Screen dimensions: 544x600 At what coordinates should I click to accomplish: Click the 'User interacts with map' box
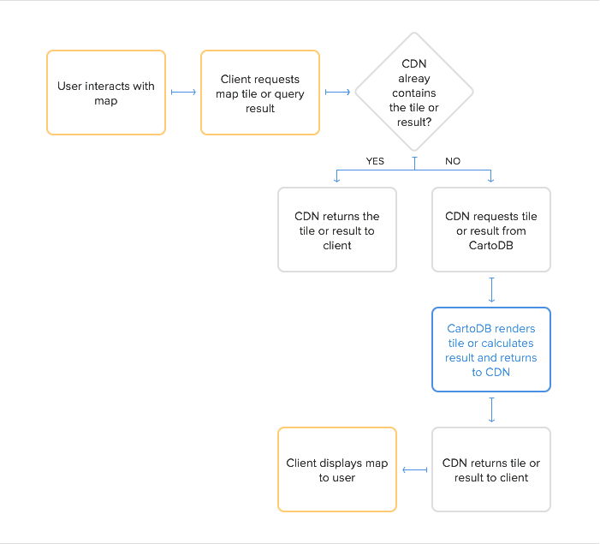pos(106,93)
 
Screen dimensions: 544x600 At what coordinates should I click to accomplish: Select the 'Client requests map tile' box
pos(260,93)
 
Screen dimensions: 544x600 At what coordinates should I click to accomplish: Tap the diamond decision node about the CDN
pos(414,93)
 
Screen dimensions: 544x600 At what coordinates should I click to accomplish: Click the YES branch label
pos(374,161)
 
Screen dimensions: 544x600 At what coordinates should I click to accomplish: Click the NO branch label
pos(454,161)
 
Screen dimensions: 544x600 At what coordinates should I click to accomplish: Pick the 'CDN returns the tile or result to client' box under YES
pos(337,230)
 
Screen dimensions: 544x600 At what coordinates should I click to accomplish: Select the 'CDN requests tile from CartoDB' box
pos(491,230)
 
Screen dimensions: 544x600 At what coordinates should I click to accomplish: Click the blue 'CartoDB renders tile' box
pos(491,350)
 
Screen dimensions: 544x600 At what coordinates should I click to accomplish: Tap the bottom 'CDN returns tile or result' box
pos(491,469)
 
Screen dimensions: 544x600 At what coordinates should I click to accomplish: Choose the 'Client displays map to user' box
pos(337,469)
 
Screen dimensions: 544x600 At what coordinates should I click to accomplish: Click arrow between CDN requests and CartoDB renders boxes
pos(491,290)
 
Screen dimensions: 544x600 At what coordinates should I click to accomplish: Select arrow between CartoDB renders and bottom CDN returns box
pos(491,409)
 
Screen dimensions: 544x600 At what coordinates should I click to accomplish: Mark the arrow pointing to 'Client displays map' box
pos(414,469)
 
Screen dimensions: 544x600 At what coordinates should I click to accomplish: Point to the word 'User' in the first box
pos(69,86)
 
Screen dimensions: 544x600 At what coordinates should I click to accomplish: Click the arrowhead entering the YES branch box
pos(337,181)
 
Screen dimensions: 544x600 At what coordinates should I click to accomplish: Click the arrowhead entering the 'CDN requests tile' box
pos(491,181)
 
